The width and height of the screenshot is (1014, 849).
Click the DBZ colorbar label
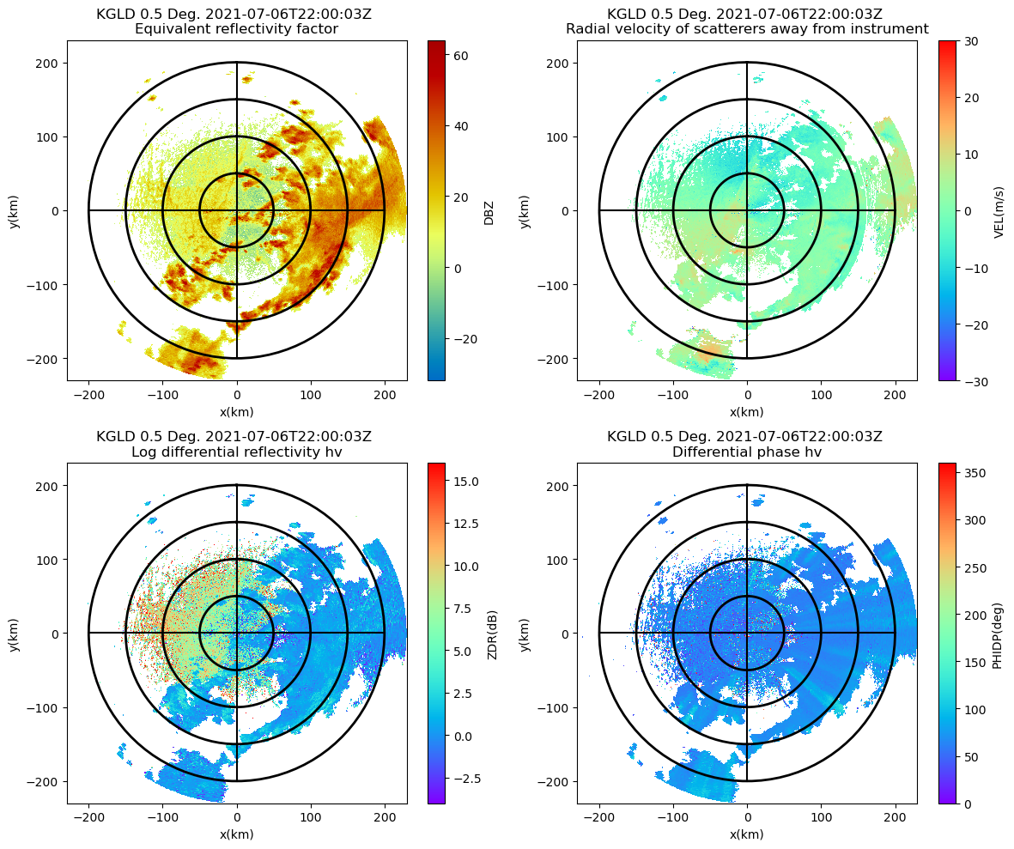click(489, 211)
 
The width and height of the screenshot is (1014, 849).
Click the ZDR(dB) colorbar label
click(493, 634)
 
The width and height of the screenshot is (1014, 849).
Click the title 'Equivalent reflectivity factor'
click(237, 29)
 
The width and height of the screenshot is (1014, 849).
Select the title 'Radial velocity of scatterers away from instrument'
click(747, 29)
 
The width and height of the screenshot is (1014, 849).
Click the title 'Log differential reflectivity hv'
click(237, 452)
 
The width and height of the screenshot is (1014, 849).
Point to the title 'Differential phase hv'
click(747, 452)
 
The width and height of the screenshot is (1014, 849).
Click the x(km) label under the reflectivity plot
click(237, 411)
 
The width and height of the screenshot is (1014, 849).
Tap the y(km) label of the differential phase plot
click(525, 634)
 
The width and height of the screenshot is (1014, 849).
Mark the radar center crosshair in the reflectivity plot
click(237, 210)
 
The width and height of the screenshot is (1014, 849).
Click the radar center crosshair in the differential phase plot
click(747, 633)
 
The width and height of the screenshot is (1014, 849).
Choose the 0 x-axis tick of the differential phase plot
click(747, 817)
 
